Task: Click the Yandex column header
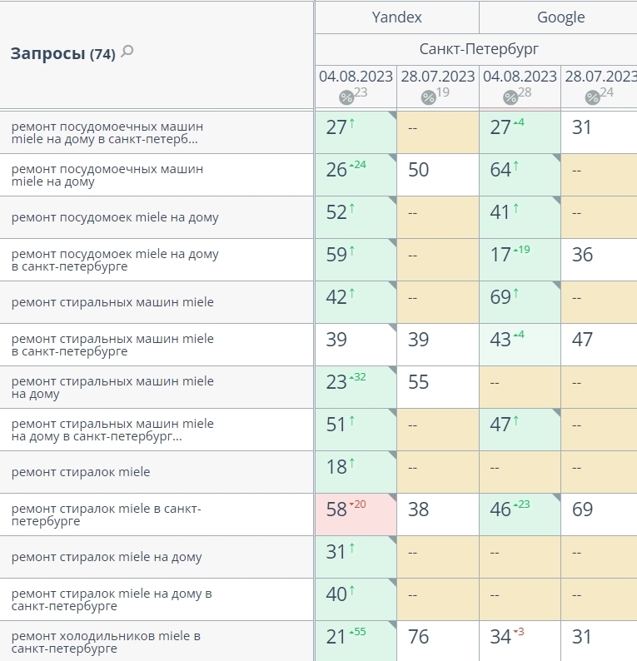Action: tap(396, 17)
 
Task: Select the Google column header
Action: tap(560, 17)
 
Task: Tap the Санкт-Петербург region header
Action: tap(479, 49)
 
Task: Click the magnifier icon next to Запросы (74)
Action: tap(127, 52)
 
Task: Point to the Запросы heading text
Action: tap(47, 54)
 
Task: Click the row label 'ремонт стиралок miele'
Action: tap(81, 472)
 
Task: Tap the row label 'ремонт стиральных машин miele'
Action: tap(112, 302)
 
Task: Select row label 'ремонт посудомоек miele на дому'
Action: tap(115, 217)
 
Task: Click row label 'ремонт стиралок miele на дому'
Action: tap(107, 557)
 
